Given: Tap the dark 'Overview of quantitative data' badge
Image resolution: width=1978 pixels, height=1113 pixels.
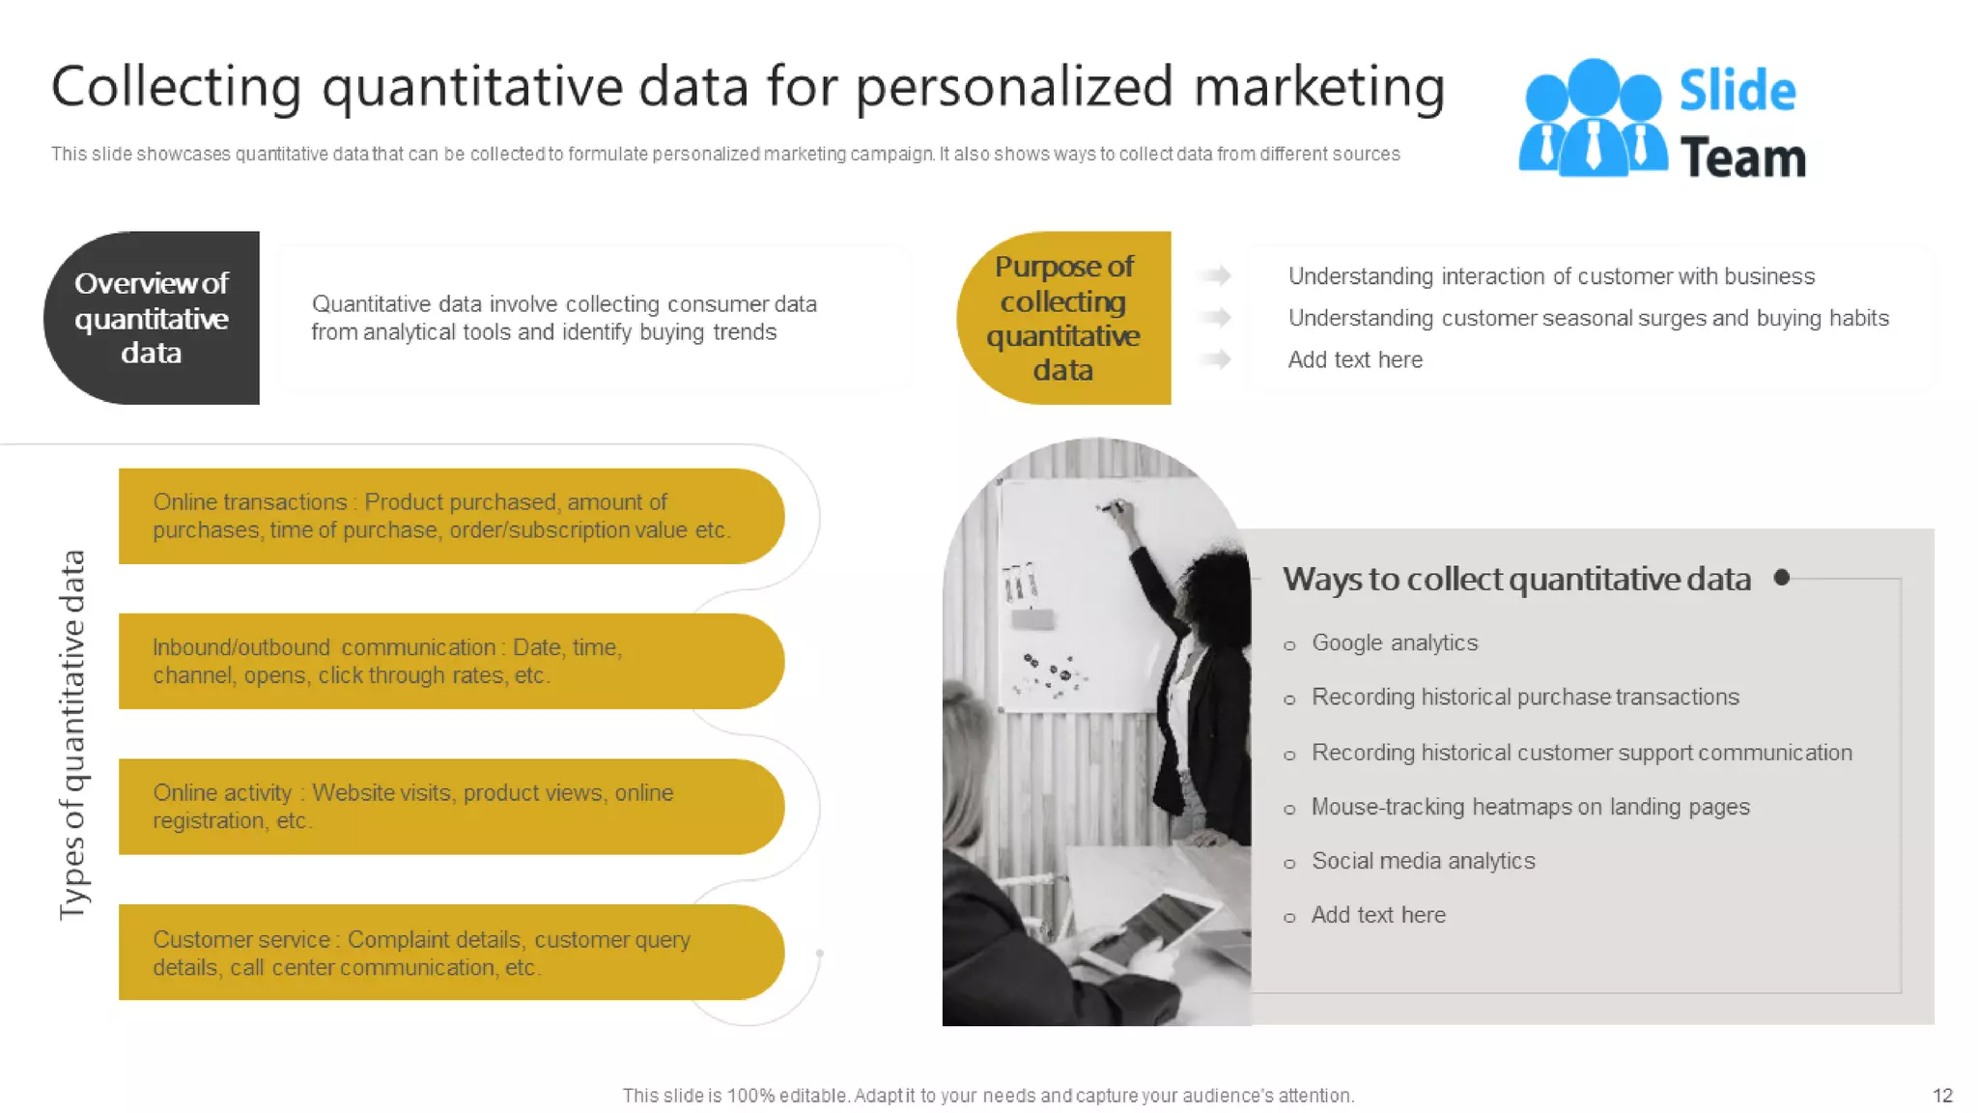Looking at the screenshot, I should [x=152, y=318].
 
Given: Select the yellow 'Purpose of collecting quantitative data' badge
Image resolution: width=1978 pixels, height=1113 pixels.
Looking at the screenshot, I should [x=1063, y=318].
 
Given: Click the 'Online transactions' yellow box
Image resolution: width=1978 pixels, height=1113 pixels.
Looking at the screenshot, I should [x=450, y=516].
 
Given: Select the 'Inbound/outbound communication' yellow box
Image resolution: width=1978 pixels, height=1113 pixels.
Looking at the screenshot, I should [x=450, y=661].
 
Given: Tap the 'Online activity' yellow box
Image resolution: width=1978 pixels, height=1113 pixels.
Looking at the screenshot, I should [x=450, y=807].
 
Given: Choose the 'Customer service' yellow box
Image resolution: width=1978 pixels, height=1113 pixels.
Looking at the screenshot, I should [x=450, y=953].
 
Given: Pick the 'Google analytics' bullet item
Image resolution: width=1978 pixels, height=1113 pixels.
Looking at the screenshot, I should [x=1394, y=643].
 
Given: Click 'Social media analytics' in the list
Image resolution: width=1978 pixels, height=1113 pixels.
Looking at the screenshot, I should [x=1423, y=861].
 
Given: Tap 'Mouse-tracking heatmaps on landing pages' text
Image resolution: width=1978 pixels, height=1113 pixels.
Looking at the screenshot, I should [x=1530, y=807].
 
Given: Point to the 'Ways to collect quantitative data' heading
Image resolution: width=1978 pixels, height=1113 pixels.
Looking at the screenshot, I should [x=1516, y=579].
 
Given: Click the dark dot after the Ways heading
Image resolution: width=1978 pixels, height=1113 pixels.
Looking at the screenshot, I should [x=1782, y=577].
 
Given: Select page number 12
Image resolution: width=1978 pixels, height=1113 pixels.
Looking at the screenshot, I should [x=1942, y=1096].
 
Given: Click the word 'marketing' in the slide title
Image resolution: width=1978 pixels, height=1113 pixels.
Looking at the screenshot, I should [x=1318, y=87].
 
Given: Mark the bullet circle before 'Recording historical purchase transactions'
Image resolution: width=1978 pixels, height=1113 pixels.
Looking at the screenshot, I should [x=1289, y=699].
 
